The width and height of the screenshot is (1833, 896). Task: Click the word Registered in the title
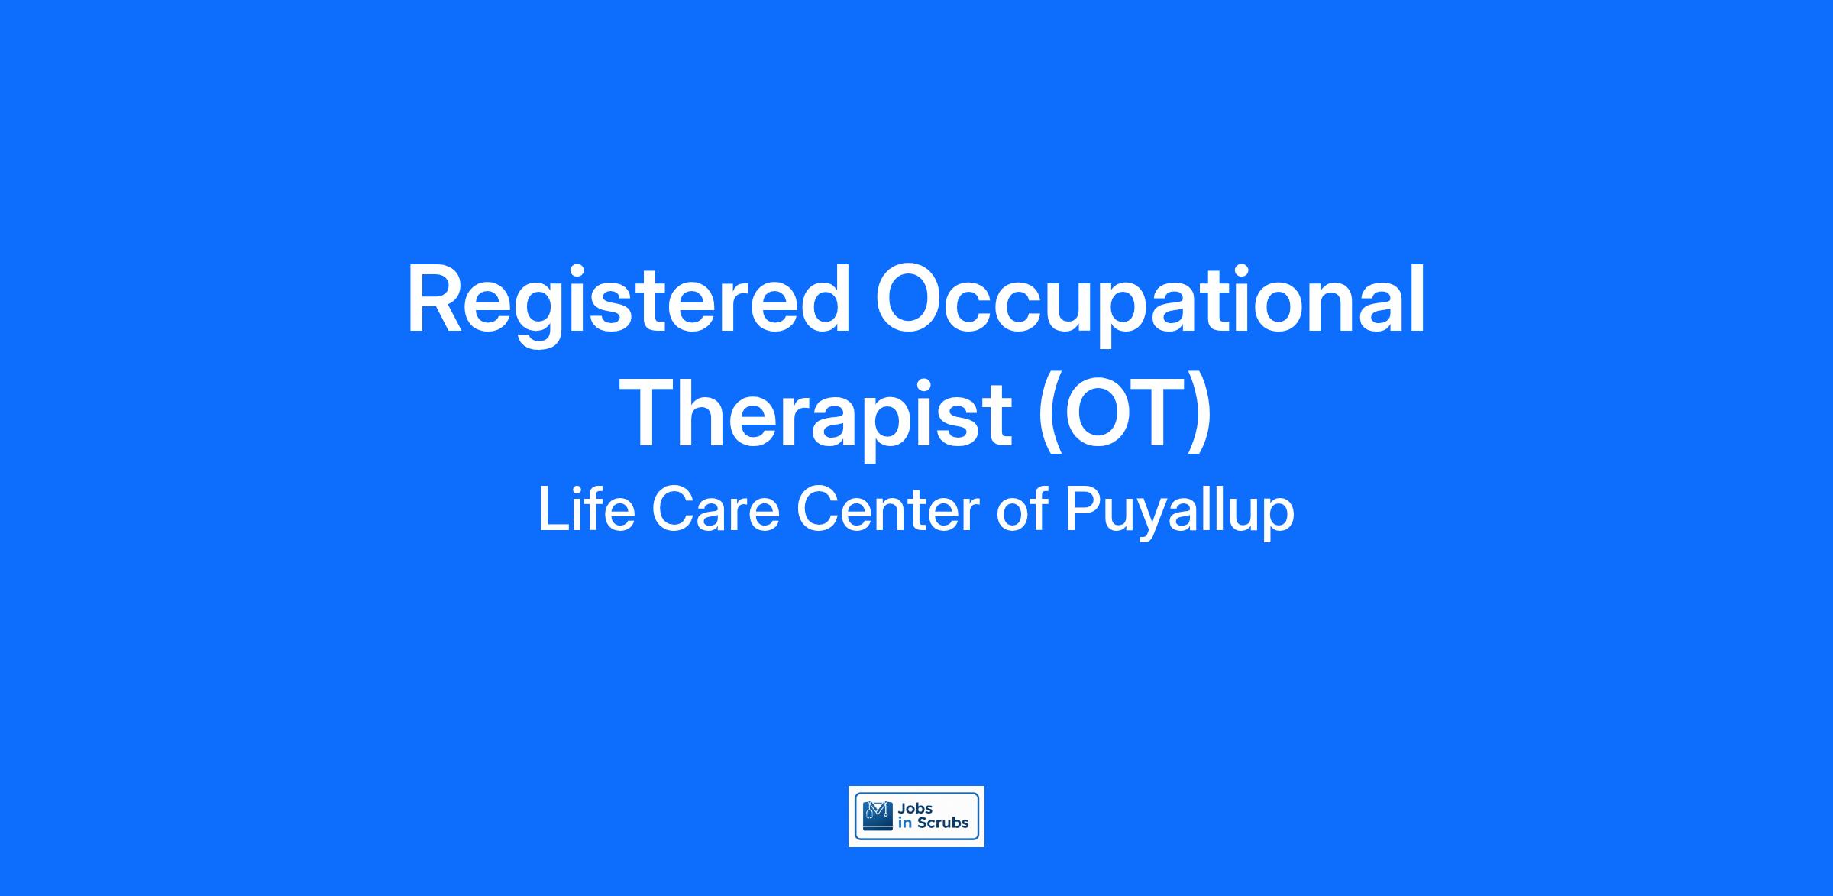click(629, 302)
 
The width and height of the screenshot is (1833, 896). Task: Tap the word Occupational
click(1150, 302)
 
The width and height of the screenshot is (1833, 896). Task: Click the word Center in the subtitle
click(887, 510)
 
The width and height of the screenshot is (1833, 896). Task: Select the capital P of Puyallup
click(1082, 509)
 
